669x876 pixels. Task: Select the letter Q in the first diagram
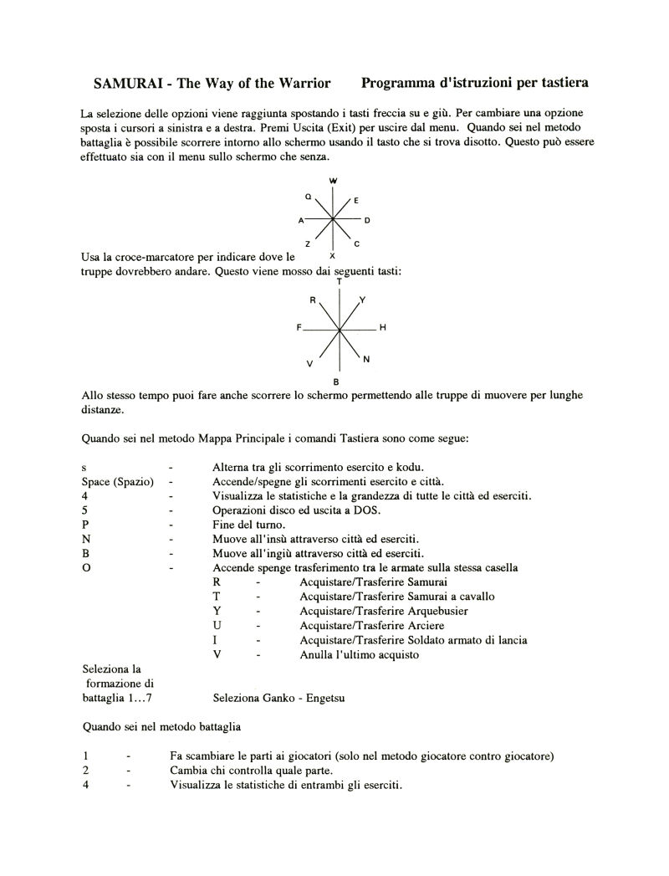308,197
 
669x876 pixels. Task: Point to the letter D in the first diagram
367,220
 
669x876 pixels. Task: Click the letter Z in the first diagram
308,243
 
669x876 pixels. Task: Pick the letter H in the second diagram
382,327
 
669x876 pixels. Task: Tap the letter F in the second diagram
298,327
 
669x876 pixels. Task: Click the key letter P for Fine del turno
84,525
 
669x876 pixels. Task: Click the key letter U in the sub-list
217,625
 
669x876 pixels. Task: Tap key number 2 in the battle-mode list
85,771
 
